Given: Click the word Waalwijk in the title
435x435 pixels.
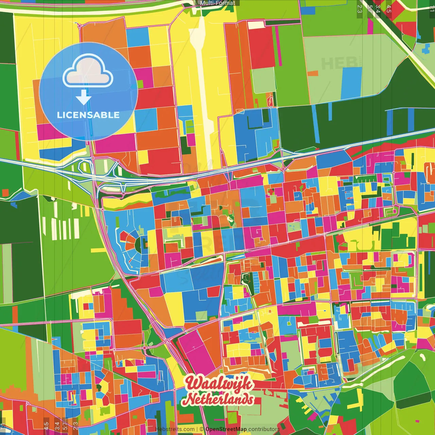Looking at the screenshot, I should point(219,383).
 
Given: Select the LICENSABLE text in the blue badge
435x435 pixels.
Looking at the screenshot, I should point(88,115).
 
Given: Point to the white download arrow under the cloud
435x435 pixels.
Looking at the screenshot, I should point(84,98).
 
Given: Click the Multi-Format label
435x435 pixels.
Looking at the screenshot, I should point(217,3).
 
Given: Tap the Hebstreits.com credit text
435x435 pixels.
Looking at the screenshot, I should point(175,429).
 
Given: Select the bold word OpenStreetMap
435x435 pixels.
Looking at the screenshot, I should point(226,429).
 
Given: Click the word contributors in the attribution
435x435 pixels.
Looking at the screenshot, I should point(264,429).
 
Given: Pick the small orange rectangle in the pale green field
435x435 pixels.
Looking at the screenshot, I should point(313,73).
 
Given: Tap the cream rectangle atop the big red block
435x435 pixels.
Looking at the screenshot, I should point(256,25).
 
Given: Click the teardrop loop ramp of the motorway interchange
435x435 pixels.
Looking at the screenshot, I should point(83,167).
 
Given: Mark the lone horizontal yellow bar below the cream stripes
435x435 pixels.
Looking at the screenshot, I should point(98,250).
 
